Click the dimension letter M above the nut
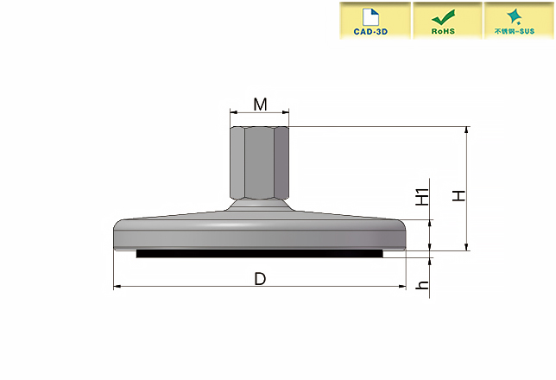coord(259,104)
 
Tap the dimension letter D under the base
coord(259,278)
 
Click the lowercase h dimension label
coord(422,285)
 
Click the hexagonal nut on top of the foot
coord(259,161)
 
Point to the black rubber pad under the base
coord(259,254)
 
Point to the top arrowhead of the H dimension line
coord(467,130)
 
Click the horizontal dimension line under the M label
coord(259,112)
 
